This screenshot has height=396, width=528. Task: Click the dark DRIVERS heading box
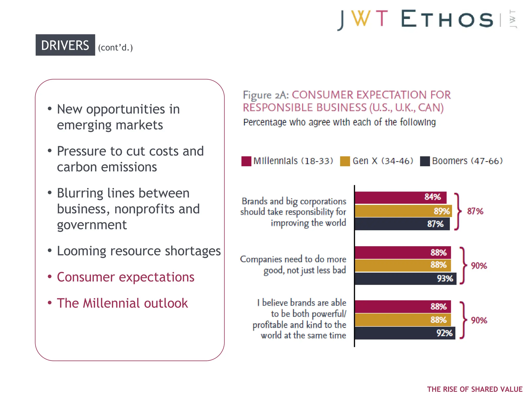tap(65, 45)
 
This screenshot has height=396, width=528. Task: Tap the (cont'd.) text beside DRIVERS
tap(115, 47)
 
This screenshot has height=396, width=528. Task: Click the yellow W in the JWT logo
tap(360, 19)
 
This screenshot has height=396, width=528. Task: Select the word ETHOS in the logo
tap(447, 19)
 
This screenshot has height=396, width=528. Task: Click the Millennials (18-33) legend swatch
tap(246, 161)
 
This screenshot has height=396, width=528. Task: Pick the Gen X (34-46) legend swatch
tap(345, 161)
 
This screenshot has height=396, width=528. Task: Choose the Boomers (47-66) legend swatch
tap(425, 161)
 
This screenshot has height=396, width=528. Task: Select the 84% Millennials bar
tap(400, 197)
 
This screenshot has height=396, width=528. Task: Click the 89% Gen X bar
tap(403, 211)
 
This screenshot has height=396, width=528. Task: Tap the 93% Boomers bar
tap(405, 279)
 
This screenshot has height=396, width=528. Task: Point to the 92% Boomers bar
tap(405, 333)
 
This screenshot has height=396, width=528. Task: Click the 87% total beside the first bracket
tap(475, 211)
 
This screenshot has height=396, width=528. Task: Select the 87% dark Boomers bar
tap(402, 224)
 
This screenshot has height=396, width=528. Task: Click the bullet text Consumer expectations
tap(126, 277)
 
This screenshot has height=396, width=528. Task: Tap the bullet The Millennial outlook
tap(122, 303)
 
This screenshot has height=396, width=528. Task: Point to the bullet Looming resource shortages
tap(139, 251)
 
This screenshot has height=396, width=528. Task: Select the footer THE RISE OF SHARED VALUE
tap(475, 389)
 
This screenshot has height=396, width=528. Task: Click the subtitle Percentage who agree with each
tap(339, 122)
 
